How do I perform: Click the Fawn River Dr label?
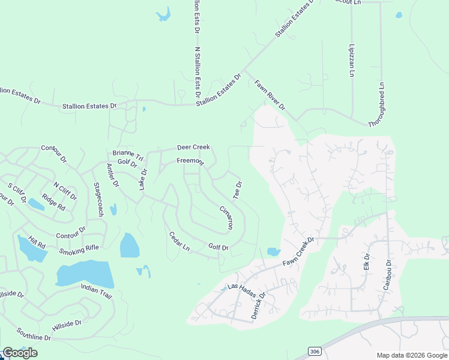click(x=270, y=95)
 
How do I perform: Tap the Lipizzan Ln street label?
click(x=352, y=60)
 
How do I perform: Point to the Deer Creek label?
click(x=193, y=148)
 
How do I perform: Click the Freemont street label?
click(x=190, y=161)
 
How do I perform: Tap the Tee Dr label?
click(x=238, y=191)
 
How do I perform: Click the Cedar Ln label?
click(x=179, y=241)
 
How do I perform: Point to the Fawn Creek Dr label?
click(x=299, y=252)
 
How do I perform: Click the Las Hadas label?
click(x=242, y=289)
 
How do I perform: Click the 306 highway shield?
click(x=316, y=351)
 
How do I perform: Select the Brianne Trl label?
click(x=128, y=154)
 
